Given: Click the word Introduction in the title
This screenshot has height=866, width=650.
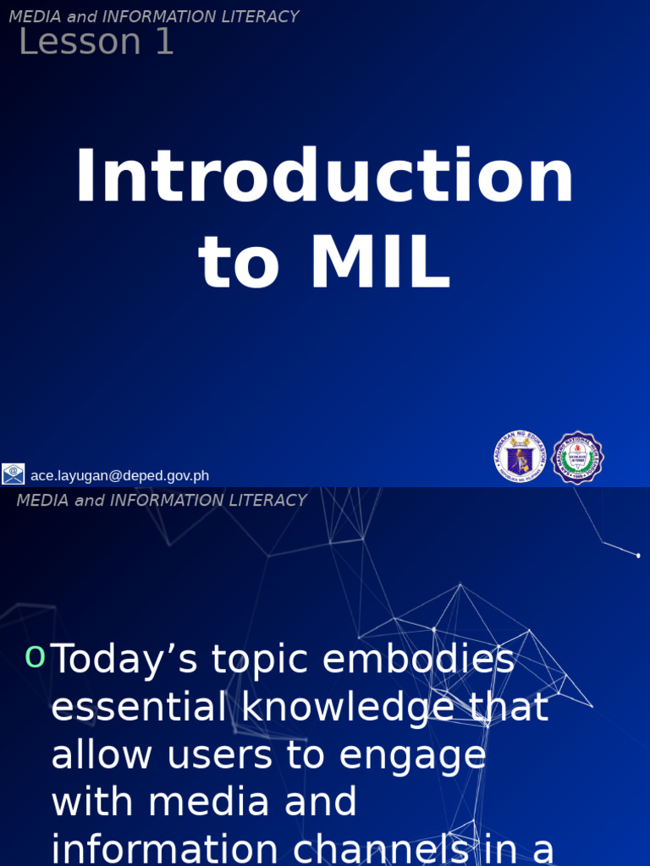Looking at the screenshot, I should click(x=324, y=178).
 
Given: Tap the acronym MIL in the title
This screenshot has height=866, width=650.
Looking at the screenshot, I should click(x=380, y=265).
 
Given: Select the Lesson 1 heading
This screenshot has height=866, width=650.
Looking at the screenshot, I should click(x=96, y=42).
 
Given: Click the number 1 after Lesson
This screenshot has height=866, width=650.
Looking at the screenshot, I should click(x=163, y=42).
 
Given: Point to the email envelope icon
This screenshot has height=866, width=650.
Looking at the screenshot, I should click(x=14, y=474).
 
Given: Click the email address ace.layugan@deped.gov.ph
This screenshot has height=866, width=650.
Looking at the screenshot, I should click(x=119, y=476).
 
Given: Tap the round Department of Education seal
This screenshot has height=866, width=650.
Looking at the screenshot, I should click(x=519, y=458).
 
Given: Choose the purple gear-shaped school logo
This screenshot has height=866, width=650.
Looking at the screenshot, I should click(x=577, y=458).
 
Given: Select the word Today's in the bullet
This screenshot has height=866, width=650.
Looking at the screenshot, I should click(x=125, y=660).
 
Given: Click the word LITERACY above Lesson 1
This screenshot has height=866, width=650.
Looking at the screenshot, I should click(x=256, y=17).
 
